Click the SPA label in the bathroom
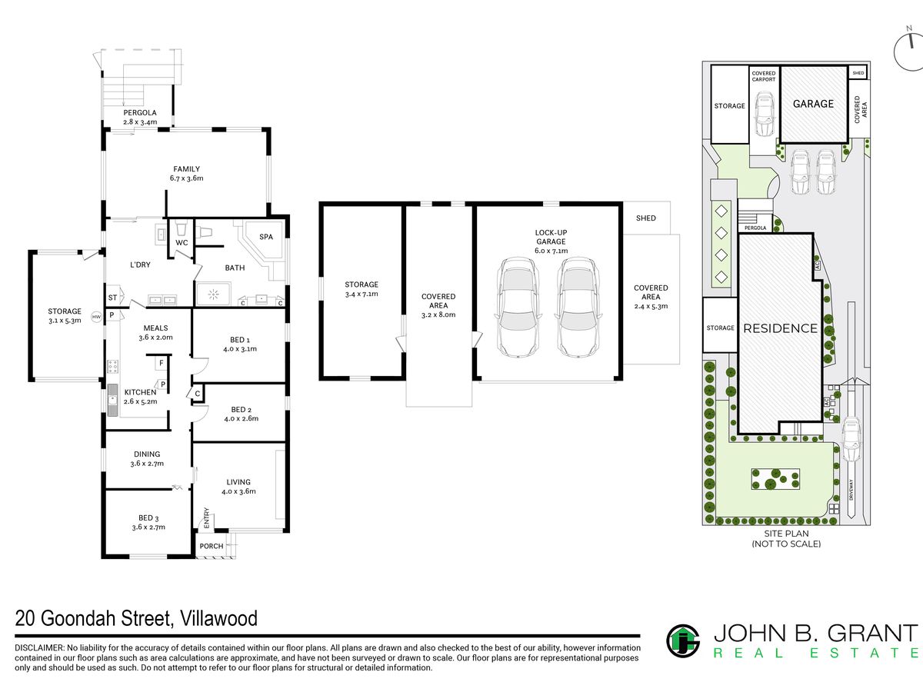(266, 237)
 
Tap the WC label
(182, 243)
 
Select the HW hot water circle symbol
(97, 317)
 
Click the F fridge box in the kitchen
(162, 363)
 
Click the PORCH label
(212, 546)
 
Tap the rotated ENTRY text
(206, 517)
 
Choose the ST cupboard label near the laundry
(113, 298)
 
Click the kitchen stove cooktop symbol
(113, 367)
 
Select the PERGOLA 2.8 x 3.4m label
(140, 117)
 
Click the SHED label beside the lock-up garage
(646, 218)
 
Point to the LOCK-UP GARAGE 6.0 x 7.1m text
(551, 241)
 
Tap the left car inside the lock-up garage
(518, 308)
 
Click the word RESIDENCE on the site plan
(781, 328)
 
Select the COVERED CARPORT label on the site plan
(764, 76)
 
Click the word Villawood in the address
(218, 619)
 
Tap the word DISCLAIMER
(39, 648)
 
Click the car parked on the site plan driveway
(852, 440)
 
